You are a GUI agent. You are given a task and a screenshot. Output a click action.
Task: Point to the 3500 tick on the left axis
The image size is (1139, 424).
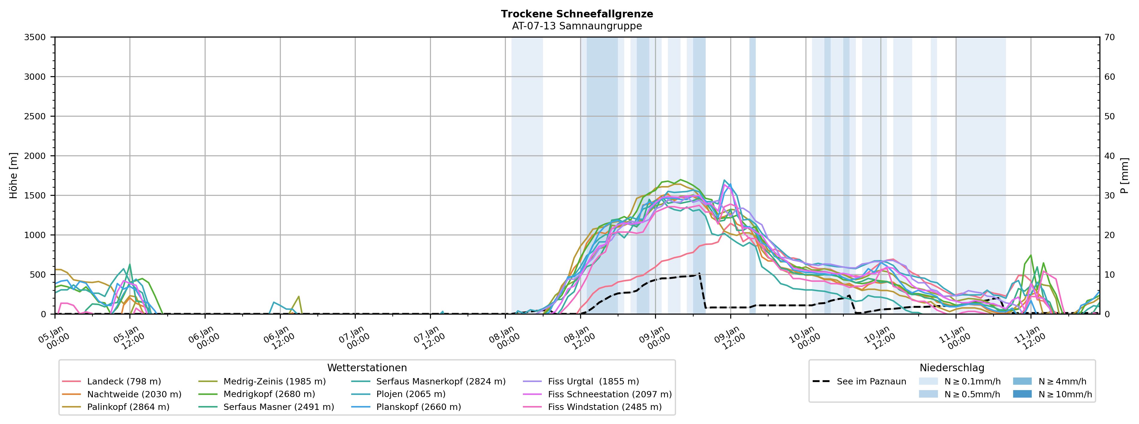pyautogui.click(x=35, y=37)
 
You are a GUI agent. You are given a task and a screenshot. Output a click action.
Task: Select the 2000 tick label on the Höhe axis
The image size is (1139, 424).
pyautogui.click(x=35, y=156)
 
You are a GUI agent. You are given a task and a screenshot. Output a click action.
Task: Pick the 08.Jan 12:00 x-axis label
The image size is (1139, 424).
pyautogui.click(x=579, y=338)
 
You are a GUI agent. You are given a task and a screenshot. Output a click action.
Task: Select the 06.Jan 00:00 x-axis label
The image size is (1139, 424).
pyautogui.click(x=204, y=338)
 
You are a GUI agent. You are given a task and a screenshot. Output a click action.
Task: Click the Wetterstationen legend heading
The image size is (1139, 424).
pyautogui.click(x=367, y=368)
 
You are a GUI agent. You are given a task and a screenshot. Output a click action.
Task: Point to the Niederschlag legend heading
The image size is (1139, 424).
pyautogui.click(x=951, y=368)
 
